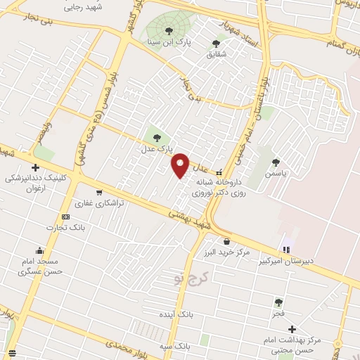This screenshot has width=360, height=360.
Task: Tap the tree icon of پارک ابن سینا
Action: pos(168,30)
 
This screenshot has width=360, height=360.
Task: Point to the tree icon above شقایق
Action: pos(216,44)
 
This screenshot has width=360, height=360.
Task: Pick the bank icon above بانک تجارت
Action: pos(65,217)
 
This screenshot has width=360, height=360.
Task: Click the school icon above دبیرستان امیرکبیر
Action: pos(286,250)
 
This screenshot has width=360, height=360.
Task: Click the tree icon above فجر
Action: pos(278,302)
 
